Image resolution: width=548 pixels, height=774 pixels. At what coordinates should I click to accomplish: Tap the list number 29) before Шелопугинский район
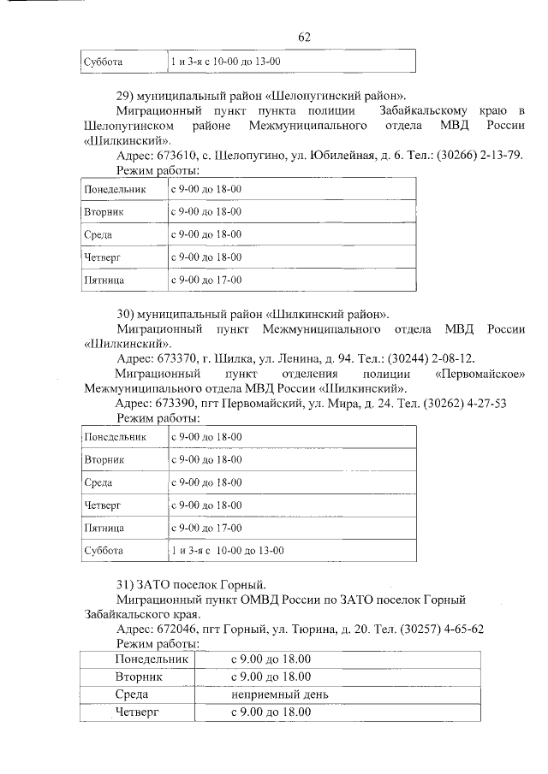[126, 95]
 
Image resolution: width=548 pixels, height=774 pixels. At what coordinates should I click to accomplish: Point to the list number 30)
[126, 314]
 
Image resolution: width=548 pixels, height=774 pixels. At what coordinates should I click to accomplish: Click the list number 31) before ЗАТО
[126, 584]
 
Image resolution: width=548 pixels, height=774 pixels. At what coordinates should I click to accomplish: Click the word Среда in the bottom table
[137, 694]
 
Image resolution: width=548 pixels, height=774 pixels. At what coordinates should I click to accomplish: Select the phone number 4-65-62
[462, 629]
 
